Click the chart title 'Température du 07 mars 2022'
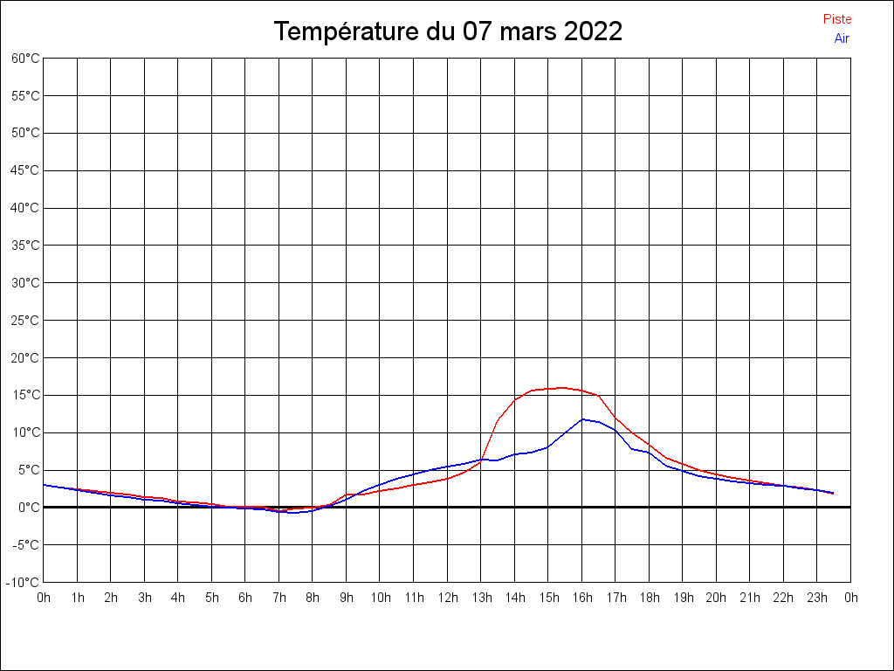(448, 31)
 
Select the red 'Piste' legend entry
(837, 19)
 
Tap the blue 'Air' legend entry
(842, 38)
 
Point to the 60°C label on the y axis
(25, 59)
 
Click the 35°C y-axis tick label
(25, 246)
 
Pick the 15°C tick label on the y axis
(25, 395)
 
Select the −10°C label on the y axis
(24, 583)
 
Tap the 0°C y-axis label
(28, 508)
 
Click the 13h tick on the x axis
(481, 598)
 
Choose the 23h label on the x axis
(817, 598)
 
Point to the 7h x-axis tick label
(279, 598)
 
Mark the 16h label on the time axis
(581, 598)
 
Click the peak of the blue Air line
(582, 419)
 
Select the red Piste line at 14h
(515, 399)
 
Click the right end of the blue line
(833, 493)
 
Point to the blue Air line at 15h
(548, 446)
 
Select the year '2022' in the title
(593, 31)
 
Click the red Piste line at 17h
(615, 417)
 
